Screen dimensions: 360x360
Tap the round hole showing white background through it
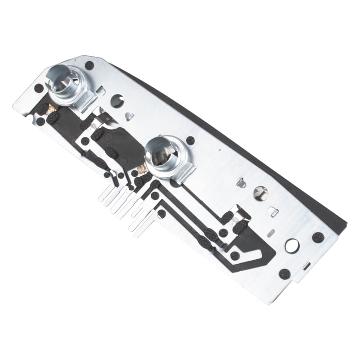pyautogui.click(x=292, y=245)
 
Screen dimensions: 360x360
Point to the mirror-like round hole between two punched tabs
pyautogui.click(x=261, y=193)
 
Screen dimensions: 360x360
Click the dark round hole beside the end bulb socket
pyautogui.click(x=117, y=101)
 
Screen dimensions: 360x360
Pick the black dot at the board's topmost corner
pyautogui.click(x=89, y=65)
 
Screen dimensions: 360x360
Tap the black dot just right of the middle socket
pyautogui.click(x=190, y=140)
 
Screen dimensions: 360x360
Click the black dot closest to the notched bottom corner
pyautogui.click(x=284, y=274)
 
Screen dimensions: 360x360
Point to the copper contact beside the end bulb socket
pyautogui.click(x=52, y=109)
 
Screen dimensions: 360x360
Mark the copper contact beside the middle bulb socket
pyautogui.click(x=143, y=169)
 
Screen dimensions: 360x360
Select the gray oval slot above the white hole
pyautogui.click(x=271, y=233)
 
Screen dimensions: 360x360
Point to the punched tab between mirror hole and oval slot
pyautogui.click(x=273, y=211)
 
